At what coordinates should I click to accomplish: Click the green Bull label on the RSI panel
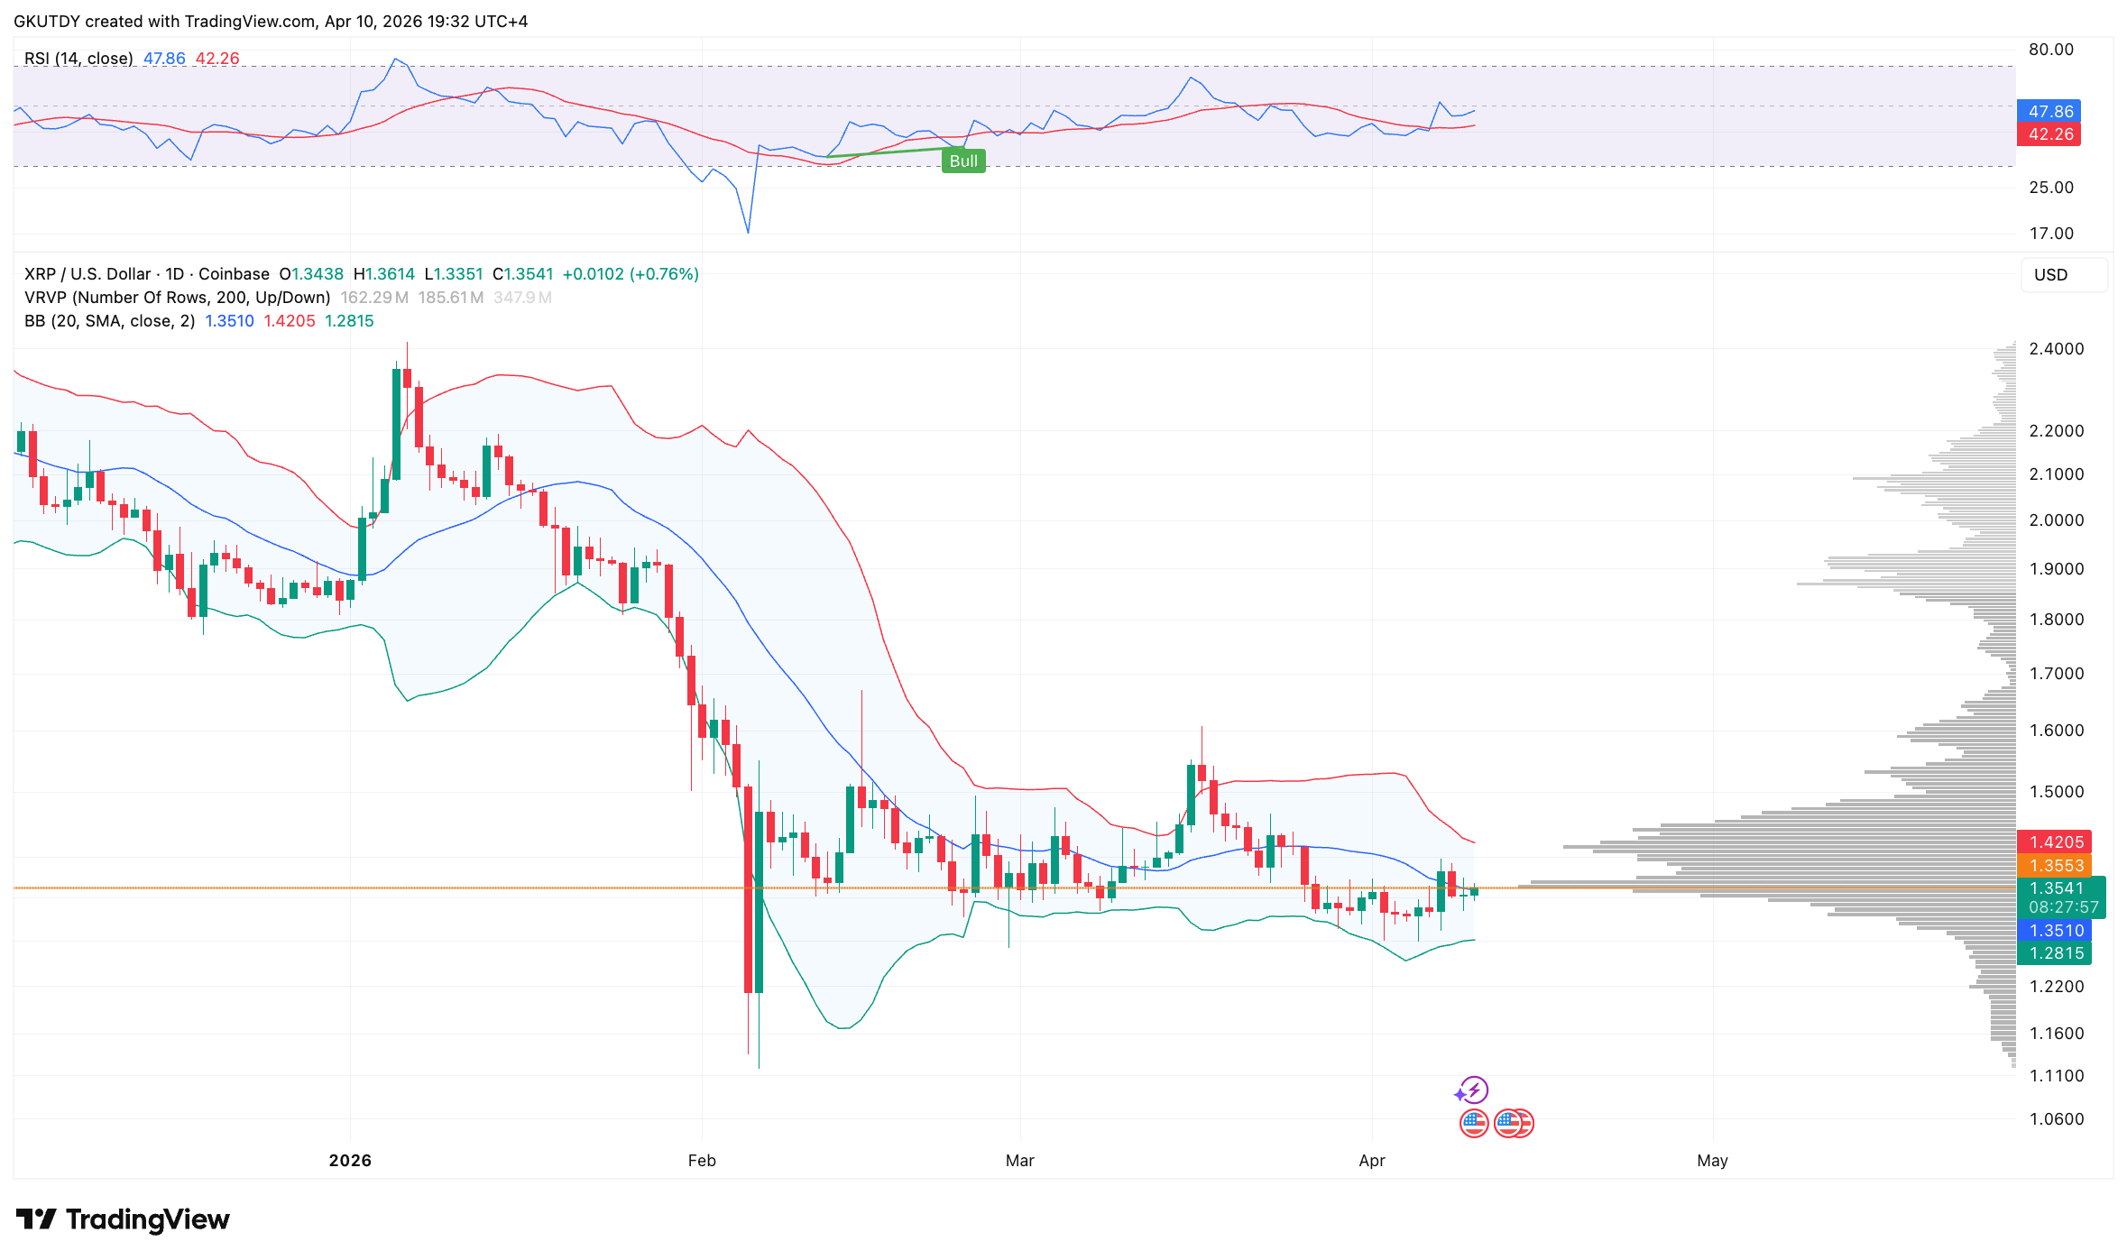[963, 161]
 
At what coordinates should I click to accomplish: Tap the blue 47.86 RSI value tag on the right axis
[2049, 112]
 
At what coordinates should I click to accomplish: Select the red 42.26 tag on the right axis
[2049, 134]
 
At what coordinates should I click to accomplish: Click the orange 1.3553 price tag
[2055, 866]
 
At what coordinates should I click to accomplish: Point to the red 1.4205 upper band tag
[2055, 842]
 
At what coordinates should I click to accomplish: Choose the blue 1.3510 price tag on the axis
[2055, 931]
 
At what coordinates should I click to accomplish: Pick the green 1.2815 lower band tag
[2055, 953]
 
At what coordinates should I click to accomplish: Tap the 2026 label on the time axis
[350, 1161]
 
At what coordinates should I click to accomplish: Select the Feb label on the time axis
[702, 1161]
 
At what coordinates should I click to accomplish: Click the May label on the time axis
[1712, 1161]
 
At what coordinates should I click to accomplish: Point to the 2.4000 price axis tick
[2056, 349]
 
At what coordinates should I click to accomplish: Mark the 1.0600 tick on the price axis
[2056, 1119]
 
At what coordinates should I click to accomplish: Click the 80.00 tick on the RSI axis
[2050, 50]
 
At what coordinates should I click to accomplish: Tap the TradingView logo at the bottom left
[124, 1219]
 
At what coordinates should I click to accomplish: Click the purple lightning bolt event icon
[1473, 1090]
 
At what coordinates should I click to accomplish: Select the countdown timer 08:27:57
[2063, 907]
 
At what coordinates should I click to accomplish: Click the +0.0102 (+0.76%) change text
[631, 274]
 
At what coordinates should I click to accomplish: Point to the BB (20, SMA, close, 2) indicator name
[109, 321]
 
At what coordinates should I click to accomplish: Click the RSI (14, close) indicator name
[78, 59]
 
